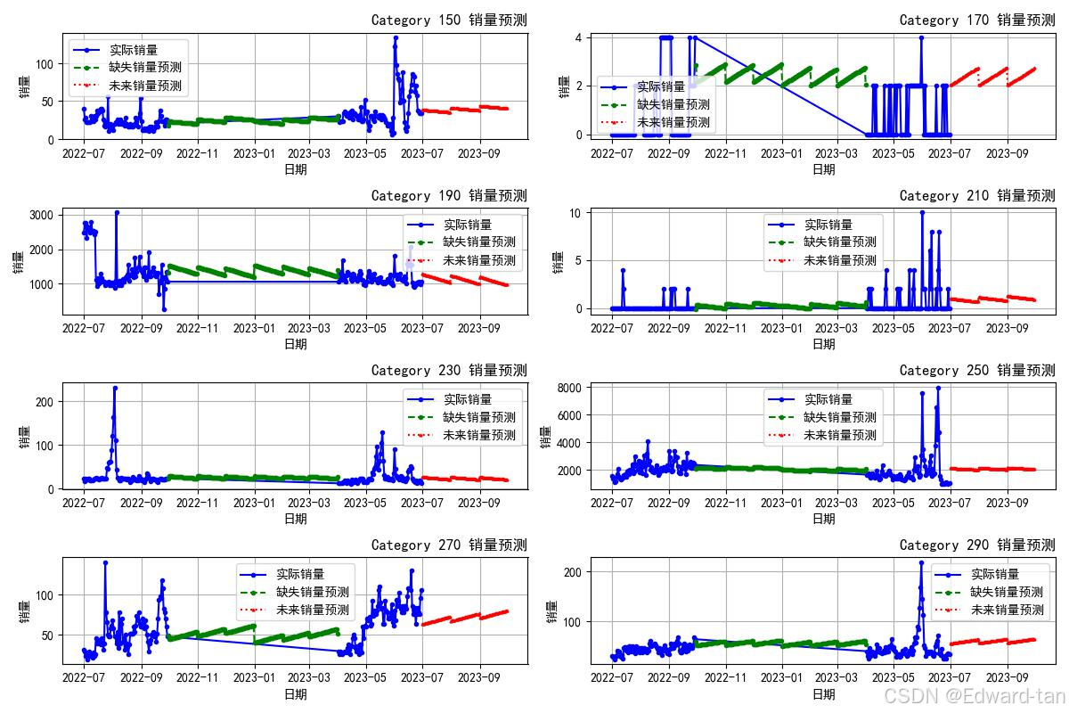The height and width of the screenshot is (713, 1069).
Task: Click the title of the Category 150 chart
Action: pyautogui.click(x=448, y=20)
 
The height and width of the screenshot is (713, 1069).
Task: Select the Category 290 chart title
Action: pyautogui.click(x=976, y=545)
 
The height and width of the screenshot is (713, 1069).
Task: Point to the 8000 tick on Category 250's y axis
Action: pyautogui.click(x=567, y=388)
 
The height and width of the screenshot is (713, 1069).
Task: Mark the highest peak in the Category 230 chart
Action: pyautogui.click(x=115, y=388)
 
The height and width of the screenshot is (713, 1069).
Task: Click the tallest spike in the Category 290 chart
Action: pyautogui.click(x=921, y=562)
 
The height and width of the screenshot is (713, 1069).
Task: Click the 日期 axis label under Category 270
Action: pyautogui.click(x=295, y=693)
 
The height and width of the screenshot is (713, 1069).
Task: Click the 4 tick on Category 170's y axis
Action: pyautogui.click(x=578, y=37)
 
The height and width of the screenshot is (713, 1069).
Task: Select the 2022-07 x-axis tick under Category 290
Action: pyautogui.click(x=612, y=678)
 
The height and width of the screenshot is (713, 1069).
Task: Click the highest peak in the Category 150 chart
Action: pyautogui.click(x=396, y=37)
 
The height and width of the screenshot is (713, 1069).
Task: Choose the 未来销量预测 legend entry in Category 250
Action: pyautogui.click(x=840, y=435)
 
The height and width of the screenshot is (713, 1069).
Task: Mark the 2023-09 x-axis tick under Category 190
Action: pyautogui.click(x=479, y=328)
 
